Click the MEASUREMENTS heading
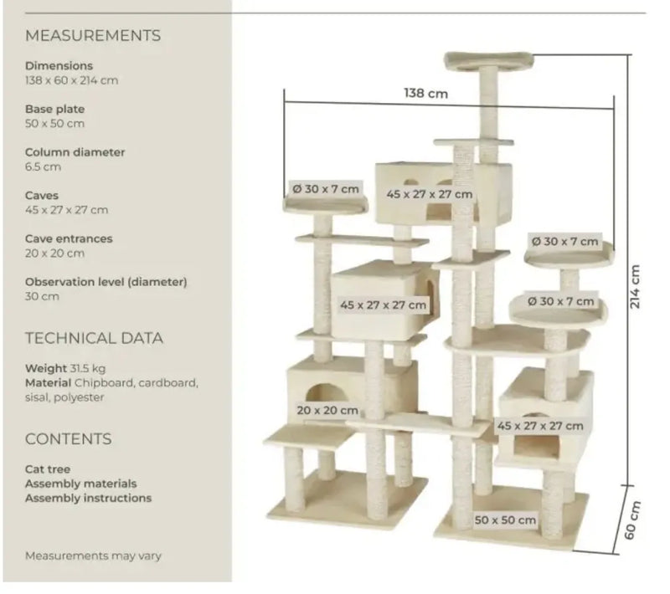(93, 35)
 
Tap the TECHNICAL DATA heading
(94, 338)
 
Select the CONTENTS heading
(69, 439)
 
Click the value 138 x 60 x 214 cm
(71, 80)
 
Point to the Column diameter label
(75, 152)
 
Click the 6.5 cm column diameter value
(43, 166)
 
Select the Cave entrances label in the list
(69, 238)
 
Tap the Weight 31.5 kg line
(65, 368)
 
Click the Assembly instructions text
(89, 498)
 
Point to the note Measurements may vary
(93, 556)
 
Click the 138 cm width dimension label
(426, 93)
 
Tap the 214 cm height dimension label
(635, 286)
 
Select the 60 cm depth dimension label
(632, 520)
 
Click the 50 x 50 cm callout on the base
(505, 520)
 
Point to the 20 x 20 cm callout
(327, 411)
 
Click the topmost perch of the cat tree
(489, 61)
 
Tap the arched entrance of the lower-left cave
(326, 393)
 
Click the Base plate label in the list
(54, 110)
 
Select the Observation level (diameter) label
(106, 282)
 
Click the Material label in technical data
(49, 383)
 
